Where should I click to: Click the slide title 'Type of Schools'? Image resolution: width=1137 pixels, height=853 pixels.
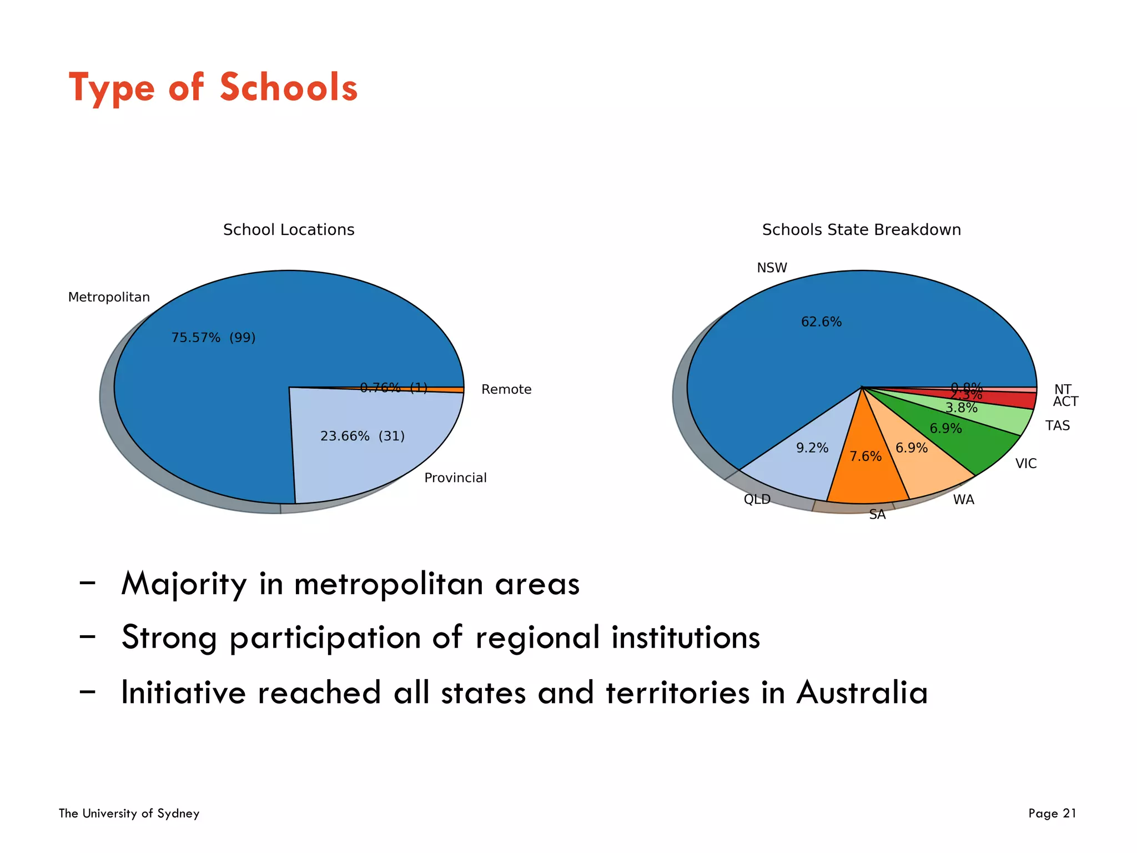coord(213,88)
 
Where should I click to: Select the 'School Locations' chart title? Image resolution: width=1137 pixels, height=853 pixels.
coord(289,230)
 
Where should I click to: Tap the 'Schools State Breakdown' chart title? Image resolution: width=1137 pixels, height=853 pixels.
coord(861,230)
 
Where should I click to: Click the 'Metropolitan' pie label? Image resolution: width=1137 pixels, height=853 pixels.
coord(109,297)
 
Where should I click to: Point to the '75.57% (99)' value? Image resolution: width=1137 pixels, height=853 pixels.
coord(213,338)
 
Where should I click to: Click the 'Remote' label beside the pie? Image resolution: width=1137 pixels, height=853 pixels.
coord(506,389)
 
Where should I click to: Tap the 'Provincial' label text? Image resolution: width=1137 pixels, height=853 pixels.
coord(455,478)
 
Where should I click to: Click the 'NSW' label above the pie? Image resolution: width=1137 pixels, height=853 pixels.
coord(772,268)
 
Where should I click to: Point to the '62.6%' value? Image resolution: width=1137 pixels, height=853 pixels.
coord(821,322)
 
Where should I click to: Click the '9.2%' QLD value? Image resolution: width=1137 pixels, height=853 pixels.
coord(812,448)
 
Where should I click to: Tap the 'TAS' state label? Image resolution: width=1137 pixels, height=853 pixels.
coord(1058,425)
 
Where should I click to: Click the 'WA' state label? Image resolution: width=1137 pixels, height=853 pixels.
coord(964,500)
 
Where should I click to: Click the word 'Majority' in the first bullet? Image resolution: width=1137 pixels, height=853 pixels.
coord(184,584)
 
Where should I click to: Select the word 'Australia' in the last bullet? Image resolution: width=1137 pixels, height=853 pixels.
coord(862,693)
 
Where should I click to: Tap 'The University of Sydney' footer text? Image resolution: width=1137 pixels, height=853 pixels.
coord(129,814)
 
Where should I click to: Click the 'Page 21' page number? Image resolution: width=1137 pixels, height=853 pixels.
coord(1052,814)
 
